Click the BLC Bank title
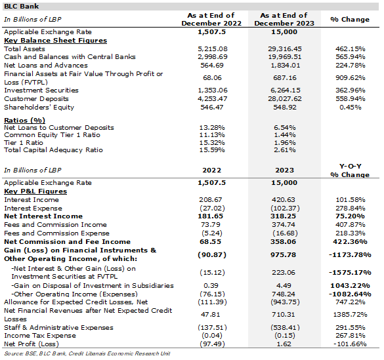tap(21, 7)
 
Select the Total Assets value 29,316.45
tap(285, 49)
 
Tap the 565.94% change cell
tap(351, 57)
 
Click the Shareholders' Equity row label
tap(39, 108)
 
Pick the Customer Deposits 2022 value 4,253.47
tap(213, 99)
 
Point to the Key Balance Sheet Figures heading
tap(56, 41)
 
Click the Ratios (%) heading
tap(24, 120)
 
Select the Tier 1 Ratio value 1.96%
tap(285, 142)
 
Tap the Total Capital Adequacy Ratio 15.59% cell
tap(212, 150)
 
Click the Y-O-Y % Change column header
tap(350, 170)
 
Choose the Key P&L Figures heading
tap(35, 191)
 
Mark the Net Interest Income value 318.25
tap(284, 216)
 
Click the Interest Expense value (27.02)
tap(212, 209)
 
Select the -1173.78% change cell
tap(350, 255)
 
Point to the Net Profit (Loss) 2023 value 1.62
tap(284, 344)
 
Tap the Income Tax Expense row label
tap(40, 336)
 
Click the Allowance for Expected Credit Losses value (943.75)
tap(285, 302)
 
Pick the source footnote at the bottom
tap(87, 353)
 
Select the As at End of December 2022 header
tap(211, 19)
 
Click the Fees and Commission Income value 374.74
tap(284, 225)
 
